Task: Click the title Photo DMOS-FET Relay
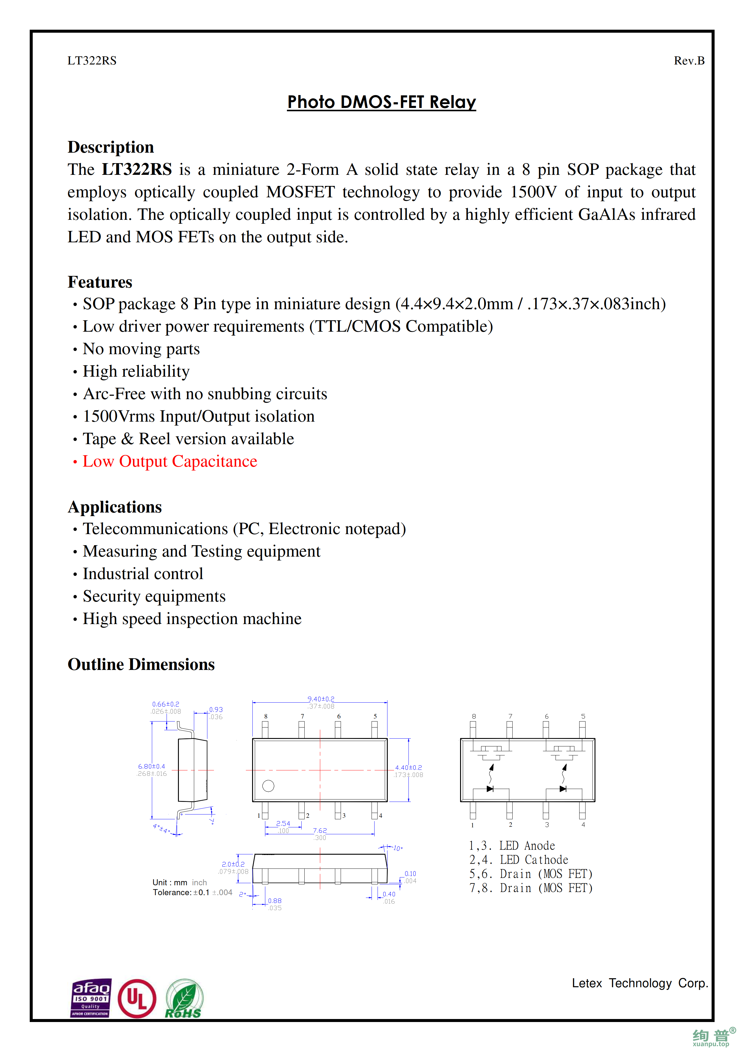[381, 102]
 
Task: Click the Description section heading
[110, 147]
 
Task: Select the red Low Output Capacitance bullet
[170, 462]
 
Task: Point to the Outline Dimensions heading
[141, 664]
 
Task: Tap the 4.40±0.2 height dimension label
[408, 767]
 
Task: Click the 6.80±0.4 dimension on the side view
[151, 766]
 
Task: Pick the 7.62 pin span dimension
[320, 830]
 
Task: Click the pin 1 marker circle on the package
[268, 786]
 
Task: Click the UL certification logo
[137, 999]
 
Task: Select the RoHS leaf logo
[184, 999]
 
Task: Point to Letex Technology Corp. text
[640, 983]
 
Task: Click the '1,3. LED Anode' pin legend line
[512, 846]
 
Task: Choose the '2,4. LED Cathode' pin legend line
[519, 860]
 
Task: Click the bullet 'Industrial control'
[143, 574]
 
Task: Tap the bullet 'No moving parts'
[141, 349]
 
